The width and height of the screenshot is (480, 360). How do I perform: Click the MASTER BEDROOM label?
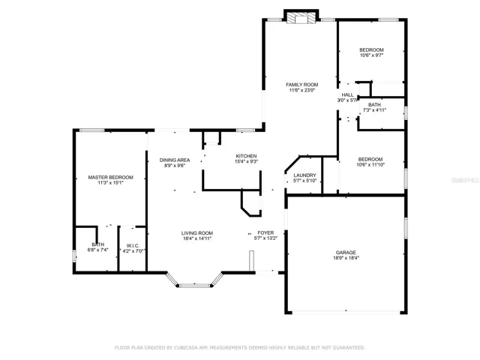pyautogui.click(x=110, y=177)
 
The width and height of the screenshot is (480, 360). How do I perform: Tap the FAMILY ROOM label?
pyautogui.click(x=301, y=85)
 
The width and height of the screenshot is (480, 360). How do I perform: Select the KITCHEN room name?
pyautogui.click(x=246, y=156)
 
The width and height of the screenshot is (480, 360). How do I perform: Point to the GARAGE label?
pyautogui.click(x=346, y=253)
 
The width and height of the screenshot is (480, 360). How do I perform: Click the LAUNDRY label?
pyautogui.click(x=304, y=175)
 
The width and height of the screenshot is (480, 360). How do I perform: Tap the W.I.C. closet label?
pyautogui.click(x=133, y=246)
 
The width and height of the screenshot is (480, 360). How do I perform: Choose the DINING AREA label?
pyautogui.click(x=175, y=160)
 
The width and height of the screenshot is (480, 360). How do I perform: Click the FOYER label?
pyautogui.click(x=265, y=233)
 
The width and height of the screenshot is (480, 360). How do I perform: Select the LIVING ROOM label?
pyautogui.click(x=196, y=233)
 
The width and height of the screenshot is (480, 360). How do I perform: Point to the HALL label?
pyautogui.click(x=347, y=95)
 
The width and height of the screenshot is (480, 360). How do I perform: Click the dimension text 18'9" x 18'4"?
pyautogui.click(x=346, y=258)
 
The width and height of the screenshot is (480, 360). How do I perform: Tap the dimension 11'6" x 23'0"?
pyautogui.click(x=301, y=90)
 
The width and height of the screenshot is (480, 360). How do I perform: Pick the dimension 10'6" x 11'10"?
pyautogui.click(x=370, y=165)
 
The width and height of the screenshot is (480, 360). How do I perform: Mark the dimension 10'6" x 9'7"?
pyautogui.click(x=371, y=55)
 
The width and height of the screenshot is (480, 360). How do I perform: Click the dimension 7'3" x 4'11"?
pyautogui.click(x=374, y=110)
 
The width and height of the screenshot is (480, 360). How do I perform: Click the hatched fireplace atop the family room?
pyautogui.click(x=301, y=18)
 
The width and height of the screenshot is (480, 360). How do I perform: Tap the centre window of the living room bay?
pyautogui.click(x=195, y=286)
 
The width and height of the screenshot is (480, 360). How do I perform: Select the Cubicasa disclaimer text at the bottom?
pyautogui.click(x=240, y=348)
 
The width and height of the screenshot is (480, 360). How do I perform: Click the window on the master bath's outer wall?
pyautogui.click(x=73, y=256)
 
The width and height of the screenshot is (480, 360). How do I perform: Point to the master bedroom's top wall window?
pyautogui.click(x=91, y=130)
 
